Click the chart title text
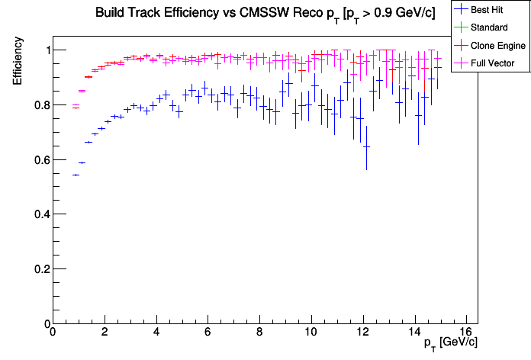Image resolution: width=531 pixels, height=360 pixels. [x=265, y=13]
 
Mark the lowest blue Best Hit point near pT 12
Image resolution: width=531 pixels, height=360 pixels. [x=366, y=146]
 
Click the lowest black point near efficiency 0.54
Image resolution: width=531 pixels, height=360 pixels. [x=76, y=175]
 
